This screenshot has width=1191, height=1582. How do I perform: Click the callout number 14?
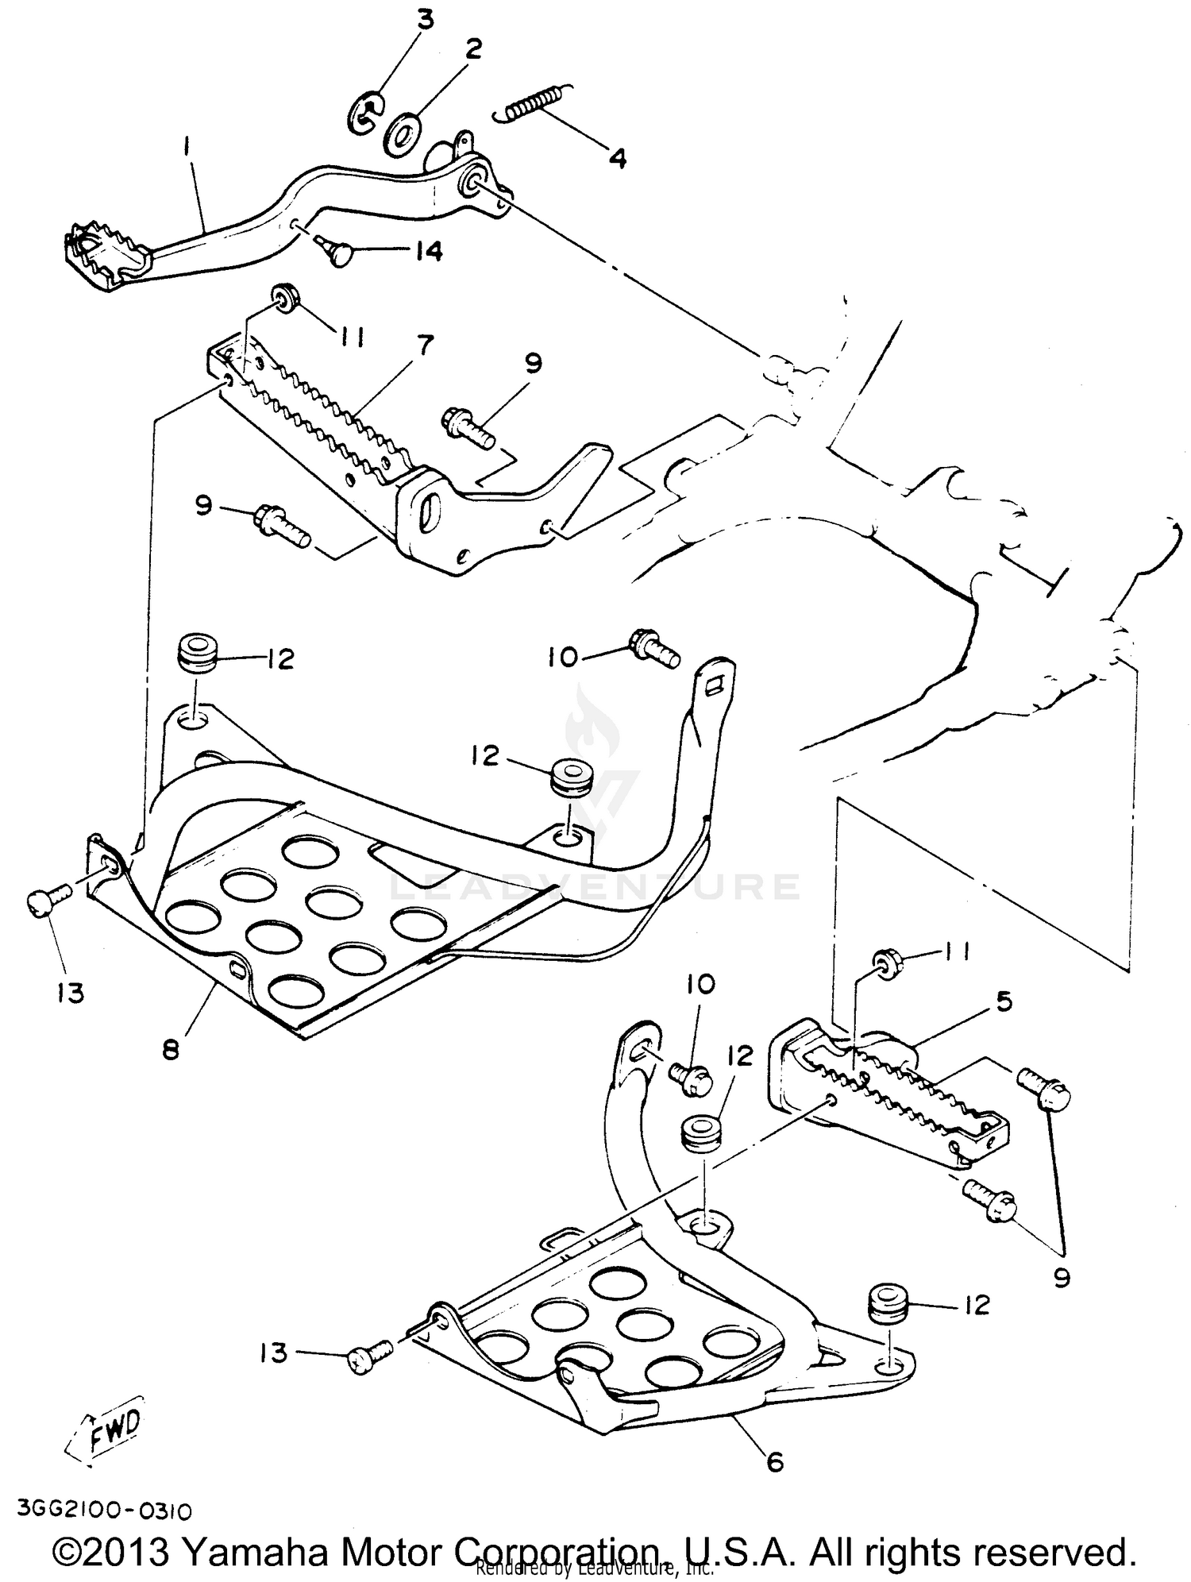tap(418, 251)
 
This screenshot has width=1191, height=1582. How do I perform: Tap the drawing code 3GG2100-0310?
tap(103, 1510)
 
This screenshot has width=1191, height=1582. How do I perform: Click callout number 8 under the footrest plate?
tap(170, 1050)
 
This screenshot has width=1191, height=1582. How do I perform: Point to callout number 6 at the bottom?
tap(774, 1461)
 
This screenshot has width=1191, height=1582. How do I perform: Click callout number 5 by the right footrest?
tap(1004, 1002)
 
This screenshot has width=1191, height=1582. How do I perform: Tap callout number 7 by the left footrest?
tap(425, 345)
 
